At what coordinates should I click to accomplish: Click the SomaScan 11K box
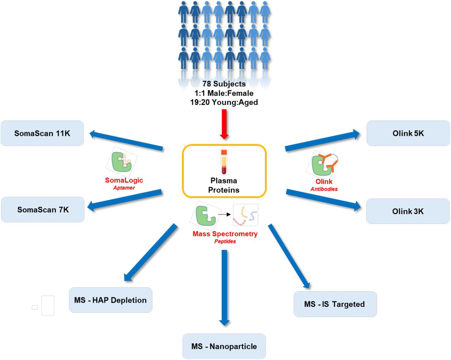42,133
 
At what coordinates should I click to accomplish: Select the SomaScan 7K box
43,210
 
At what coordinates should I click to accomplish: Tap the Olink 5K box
408,133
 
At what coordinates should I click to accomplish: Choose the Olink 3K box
408,211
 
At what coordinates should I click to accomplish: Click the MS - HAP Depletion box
110,300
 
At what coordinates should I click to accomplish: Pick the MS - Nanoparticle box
224,346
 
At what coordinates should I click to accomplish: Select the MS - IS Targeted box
335,304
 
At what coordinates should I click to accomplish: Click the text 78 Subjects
224,84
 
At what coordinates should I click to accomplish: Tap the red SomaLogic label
124,180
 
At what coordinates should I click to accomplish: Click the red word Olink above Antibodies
324,182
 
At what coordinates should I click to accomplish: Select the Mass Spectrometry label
225,234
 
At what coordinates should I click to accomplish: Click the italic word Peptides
225,242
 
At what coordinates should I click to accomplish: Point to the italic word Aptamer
124,188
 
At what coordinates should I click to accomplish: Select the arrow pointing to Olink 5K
322,141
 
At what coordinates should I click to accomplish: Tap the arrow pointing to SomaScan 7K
125,200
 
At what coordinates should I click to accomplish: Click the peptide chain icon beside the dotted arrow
245,215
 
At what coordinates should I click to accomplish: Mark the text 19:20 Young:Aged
224,102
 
